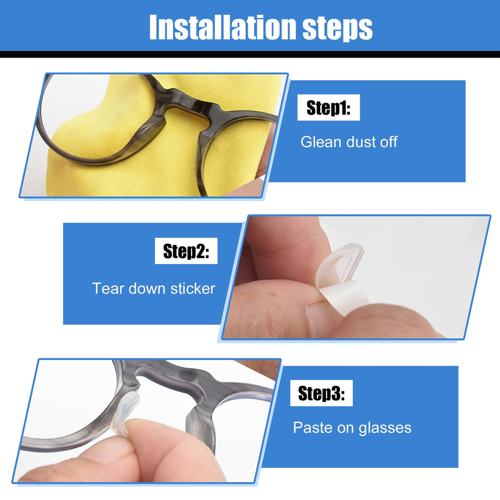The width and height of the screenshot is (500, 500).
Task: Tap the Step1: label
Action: pos(328,108)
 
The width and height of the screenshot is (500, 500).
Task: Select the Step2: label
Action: pos(186,251)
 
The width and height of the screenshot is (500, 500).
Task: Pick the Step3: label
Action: pos(321,393)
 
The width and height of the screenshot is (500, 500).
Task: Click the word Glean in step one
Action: pos(318,141)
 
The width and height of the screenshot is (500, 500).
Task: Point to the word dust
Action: pos(358,141)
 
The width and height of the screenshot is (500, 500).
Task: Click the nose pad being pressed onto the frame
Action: pos(134,405)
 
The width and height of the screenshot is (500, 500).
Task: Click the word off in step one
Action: pos(388,141)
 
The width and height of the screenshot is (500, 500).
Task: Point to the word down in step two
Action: pos(148,288)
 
